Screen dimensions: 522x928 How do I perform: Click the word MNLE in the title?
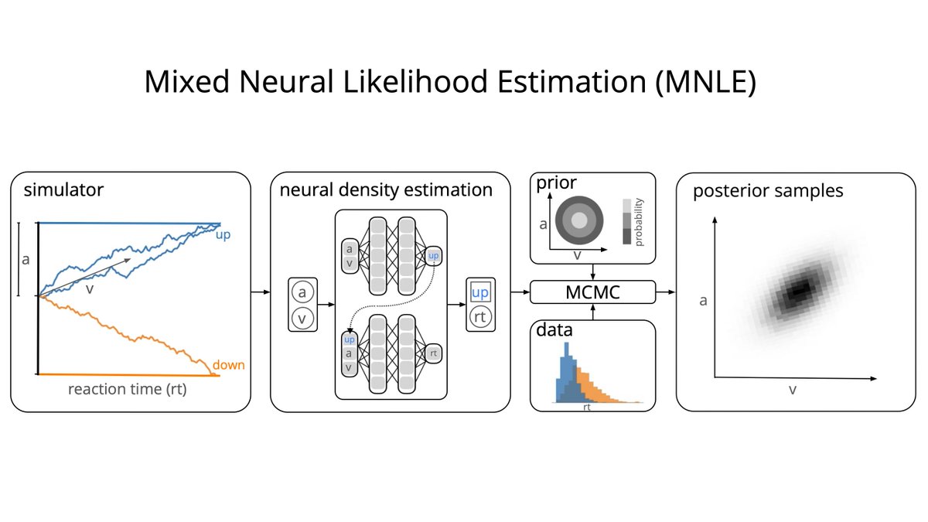(704, 82)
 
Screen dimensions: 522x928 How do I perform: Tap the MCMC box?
(592, 293)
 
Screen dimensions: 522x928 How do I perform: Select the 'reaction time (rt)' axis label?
(127, 390)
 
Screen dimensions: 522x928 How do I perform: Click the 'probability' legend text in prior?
(639, 221)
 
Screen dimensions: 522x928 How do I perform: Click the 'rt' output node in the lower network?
(434, 353)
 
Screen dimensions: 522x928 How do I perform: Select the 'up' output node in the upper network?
(433, 254)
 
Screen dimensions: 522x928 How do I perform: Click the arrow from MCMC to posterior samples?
(665, 293)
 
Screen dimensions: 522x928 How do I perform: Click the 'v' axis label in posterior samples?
(792, 391)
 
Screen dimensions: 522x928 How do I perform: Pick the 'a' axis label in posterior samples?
(703, 300)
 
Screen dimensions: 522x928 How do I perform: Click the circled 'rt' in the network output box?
(479, 316)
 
